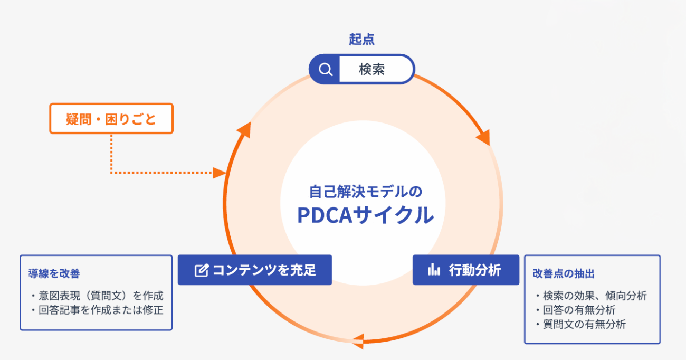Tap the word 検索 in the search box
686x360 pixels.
pos(372,69)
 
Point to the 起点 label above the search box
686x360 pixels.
pos(361,40)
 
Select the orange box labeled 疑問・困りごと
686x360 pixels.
pos(111,118)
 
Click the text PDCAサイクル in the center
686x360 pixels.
pos(365,215)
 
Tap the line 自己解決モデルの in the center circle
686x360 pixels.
pos(365,191)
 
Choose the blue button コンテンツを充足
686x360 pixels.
pos(255,270)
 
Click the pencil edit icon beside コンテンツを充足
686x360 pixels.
pos(201,271)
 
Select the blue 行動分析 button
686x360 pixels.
pos(465,270)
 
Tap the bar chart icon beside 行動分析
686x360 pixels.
pos(434,270)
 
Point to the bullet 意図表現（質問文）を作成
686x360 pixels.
pos(97,295)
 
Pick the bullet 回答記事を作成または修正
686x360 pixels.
pos(97,310)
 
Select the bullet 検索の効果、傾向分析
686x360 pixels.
pos(591,296)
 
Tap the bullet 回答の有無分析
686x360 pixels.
pos(575,310)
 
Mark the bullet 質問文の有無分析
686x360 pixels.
pos(580,324)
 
